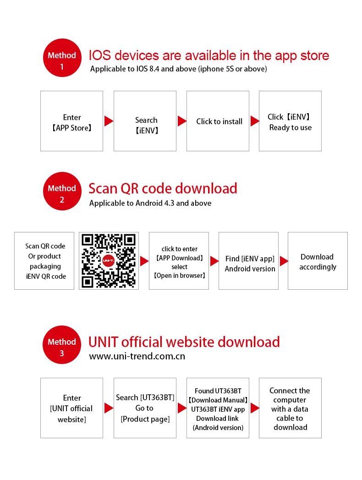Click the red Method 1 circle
62,58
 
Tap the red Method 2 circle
62,191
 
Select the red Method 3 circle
62,345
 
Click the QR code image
109,261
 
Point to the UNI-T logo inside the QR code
108,261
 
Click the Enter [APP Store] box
71,121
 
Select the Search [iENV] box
145,121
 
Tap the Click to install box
218,121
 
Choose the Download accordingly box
318,261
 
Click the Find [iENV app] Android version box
248,261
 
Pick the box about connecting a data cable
290,408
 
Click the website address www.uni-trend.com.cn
137,356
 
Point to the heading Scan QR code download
163,188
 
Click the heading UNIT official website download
184,342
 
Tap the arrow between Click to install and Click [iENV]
255,121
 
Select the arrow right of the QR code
144,261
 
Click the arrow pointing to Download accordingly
284,261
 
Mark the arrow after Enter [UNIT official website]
109,408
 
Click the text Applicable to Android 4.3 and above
150,203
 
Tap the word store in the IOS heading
314,56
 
